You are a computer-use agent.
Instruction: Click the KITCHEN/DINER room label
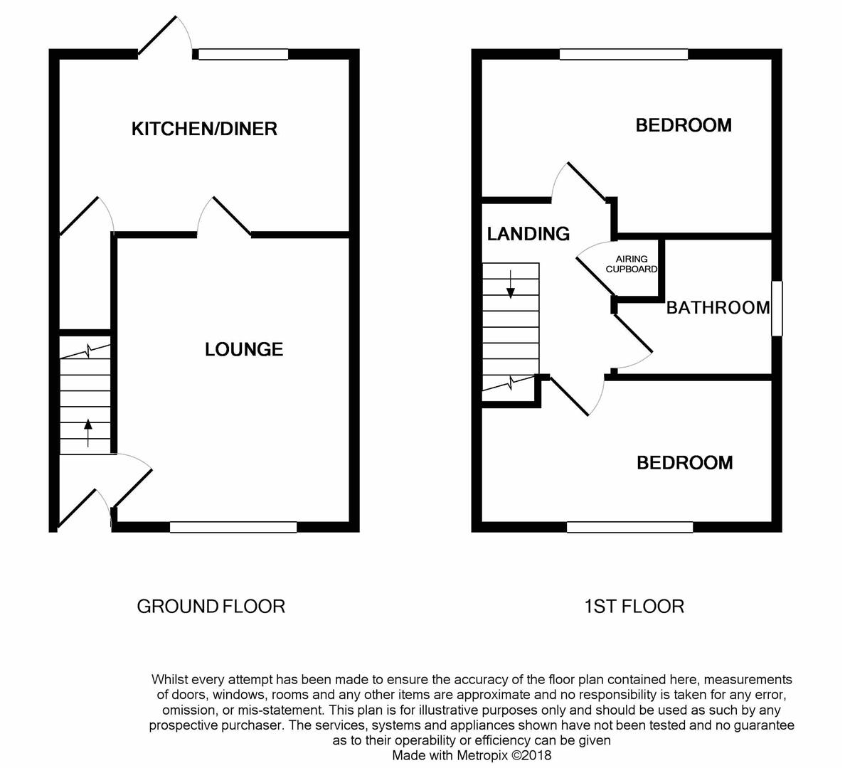pyautogui.click(x=204, y=129)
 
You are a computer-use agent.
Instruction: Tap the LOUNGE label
pyautogui.click(x=244, y=349)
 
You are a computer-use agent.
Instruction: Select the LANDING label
pyautogui.click(x=528, y=233)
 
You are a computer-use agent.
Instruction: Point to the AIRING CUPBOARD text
pyautogui.click(x=632, y=264)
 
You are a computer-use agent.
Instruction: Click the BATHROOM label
pyautogui.click(x=718, y=307)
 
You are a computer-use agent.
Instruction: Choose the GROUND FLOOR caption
pyautogui.click(x=211, y=607)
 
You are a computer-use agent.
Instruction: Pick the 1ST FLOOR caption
pyautogui.click(x=634, y=607)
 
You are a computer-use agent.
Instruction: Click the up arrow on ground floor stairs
pyautogui.click(x=88, y=432)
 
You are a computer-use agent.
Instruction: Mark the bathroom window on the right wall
pyautogui.click(x=777, y=308)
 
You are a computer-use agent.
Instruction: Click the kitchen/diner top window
pyautogui.click(x=243, y=54)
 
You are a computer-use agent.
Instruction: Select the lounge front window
pyautogui.click(x=233, y=527)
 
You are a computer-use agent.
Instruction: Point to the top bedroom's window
pyautogui.click(x=624, y=54)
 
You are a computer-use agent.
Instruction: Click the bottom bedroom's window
pyautogui.click(x=630, y=527)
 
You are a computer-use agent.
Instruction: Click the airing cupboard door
pyautogui.click(x=595, y=274)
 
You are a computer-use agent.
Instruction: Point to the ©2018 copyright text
pyautogui.click(x=531, y=756)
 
